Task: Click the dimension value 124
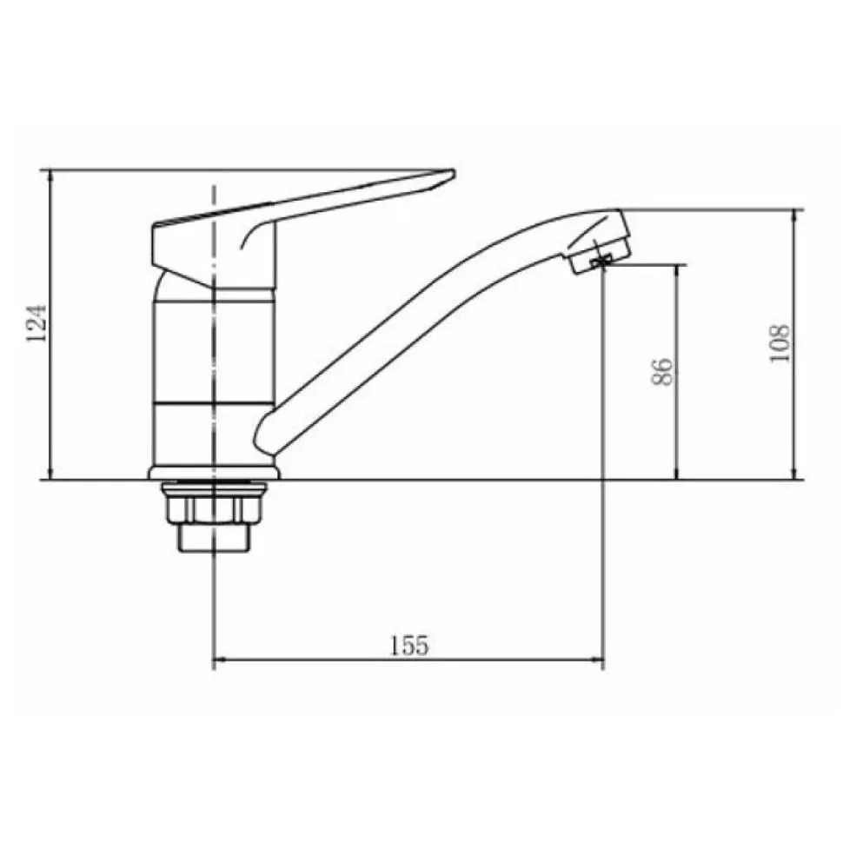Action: [37, 323]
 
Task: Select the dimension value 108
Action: [780, 343]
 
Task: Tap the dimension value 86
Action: [662, 371]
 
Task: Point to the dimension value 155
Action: [408, 645]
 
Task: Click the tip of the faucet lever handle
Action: [453, 172]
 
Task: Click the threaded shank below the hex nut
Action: [214, 537]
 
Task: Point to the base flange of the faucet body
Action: [214, 473]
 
